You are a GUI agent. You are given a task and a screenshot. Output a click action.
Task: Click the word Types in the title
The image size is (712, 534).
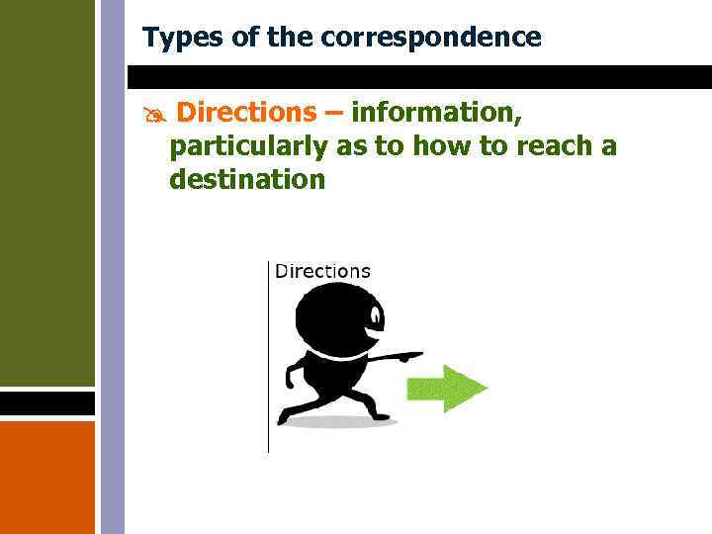point(174,38)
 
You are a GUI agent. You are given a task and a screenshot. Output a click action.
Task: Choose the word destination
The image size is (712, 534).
point(247,179)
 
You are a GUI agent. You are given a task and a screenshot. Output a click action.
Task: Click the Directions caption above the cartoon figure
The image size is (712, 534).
point(322,271)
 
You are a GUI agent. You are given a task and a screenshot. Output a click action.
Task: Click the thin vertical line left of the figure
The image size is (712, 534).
point(268,356)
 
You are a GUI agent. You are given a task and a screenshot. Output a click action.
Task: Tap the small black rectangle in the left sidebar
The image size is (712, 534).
point(47,403)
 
